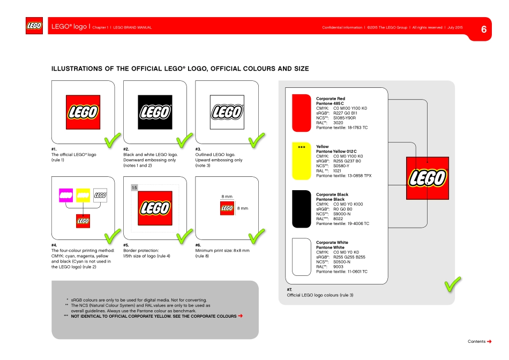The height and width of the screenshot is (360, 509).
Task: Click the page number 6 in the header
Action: (484, 29)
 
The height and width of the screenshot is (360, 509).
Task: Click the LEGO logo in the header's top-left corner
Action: (35, 26)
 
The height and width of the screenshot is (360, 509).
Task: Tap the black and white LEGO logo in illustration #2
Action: (155, 111)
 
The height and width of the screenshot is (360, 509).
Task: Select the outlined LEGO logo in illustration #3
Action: (227, 111)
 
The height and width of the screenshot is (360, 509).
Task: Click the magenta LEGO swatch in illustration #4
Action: (65, 196)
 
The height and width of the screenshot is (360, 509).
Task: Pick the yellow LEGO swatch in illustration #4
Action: (83, 196)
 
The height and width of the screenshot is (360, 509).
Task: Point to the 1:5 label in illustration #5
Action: (134, 187)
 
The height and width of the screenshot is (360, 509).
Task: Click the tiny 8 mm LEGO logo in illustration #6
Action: (227, 207)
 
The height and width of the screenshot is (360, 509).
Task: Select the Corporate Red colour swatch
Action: (301, 113)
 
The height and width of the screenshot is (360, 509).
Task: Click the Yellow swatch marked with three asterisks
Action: (301, 161)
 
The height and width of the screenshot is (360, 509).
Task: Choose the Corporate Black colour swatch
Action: (301, 209)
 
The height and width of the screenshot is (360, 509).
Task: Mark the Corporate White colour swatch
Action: (301, 257)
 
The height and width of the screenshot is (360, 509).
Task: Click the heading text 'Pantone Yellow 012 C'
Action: (336, 152)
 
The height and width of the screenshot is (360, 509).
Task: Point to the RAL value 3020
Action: (338, 123)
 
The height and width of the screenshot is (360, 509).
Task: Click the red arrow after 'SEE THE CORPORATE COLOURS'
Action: (241, 316)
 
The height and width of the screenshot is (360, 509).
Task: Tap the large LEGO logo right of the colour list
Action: (427, 178)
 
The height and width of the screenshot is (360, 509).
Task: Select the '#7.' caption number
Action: (289, 290)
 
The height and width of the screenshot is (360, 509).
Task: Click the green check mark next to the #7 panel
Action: (453, 284)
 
